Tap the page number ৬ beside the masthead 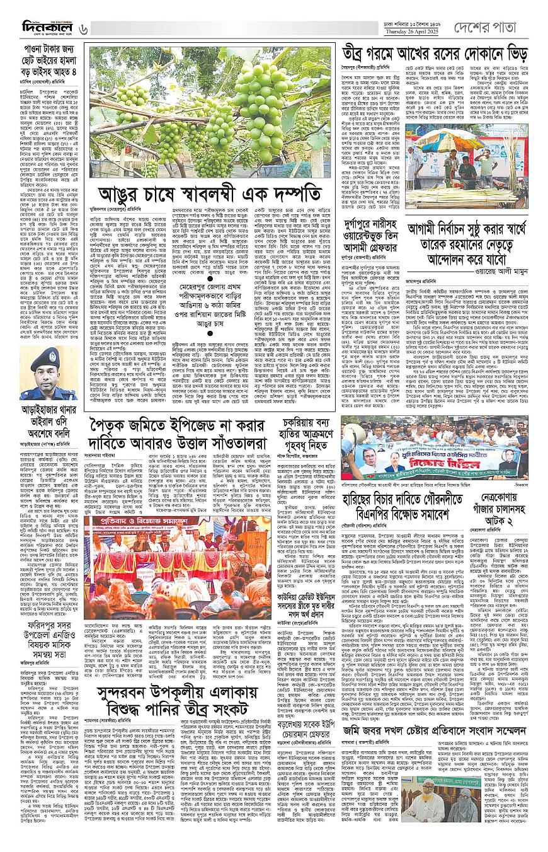pos(84,28)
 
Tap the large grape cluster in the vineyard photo pos(258,107)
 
